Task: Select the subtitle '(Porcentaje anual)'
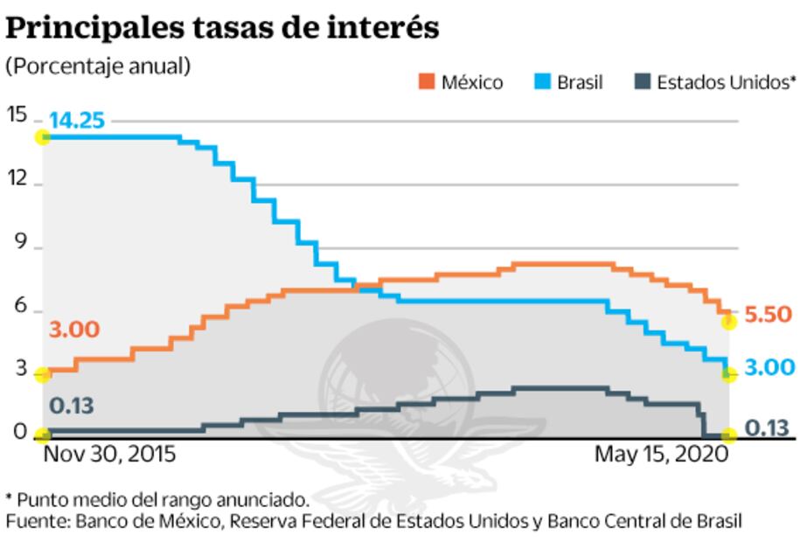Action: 98,66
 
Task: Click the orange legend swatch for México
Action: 426,82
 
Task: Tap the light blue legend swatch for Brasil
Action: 542,82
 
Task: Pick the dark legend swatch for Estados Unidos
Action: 642,82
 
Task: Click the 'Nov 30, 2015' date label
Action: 109,455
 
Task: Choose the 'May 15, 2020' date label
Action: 661,455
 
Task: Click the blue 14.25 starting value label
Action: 76,121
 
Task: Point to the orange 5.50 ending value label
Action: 768,315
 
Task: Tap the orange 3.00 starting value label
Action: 74,330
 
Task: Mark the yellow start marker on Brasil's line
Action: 41,136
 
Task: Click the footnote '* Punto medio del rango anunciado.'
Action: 157,500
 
